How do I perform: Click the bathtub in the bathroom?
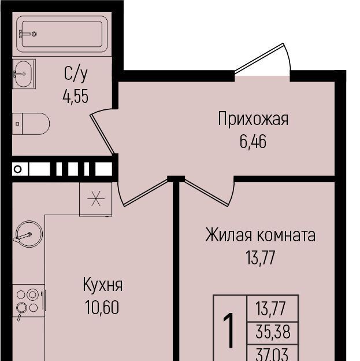tap(62, 34)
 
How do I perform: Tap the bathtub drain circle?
tap(34, 34)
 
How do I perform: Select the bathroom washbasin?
tap(23, 74)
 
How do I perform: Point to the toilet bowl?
tap(31, 124)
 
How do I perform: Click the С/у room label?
tap(76, 74)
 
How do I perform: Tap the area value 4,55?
tap(76, 97)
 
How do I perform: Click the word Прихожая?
tap(253, 119)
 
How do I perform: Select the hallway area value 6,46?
tap(253, 141)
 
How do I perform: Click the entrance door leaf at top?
tap(259, 58)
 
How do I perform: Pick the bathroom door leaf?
tap(102, 134)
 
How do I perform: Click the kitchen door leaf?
tap(146, 192)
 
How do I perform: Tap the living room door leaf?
tap(206, 192)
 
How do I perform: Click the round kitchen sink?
tap(29, 234)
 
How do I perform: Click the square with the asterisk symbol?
tap(96, 199)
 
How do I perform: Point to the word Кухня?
tap(103, 285)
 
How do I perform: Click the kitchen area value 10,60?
tap(102, 307)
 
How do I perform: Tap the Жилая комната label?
tap(260, 235)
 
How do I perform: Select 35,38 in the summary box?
tap(273, 332)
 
